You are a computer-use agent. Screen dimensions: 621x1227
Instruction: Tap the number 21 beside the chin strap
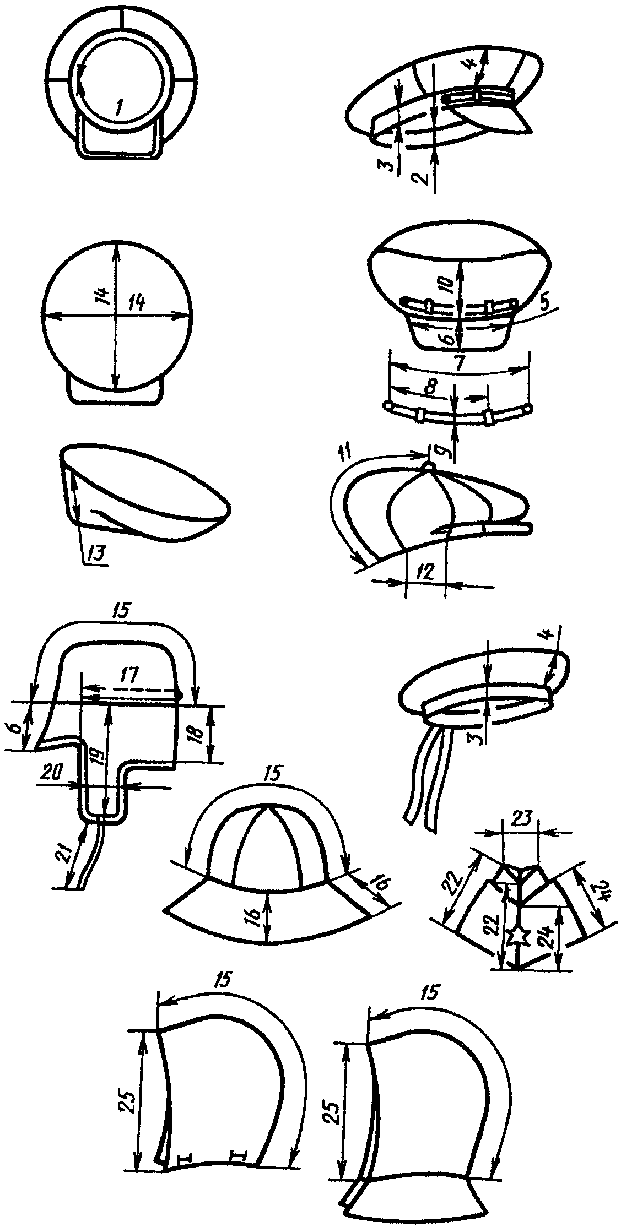coord(72,855)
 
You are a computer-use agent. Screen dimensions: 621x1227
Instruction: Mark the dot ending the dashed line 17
coord(179,696)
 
